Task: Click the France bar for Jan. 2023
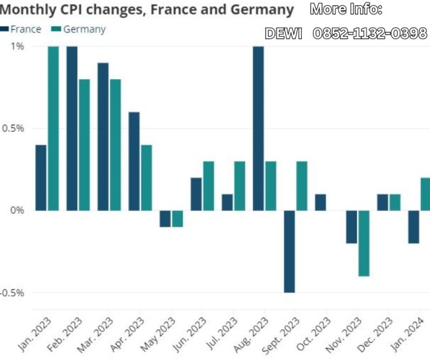point(41,178)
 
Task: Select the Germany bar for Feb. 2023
point(84,145)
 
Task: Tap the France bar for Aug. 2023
point(259,129)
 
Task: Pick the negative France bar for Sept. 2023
point(289,252)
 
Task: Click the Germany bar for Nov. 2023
point(364,243)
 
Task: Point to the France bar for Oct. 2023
point(320,202)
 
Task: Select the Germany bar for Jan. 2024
point(425,194)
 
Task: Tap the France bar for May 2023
point(165,218)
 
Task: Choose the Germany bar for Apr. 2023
point(146,178)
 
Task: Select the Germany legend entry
point(78,29)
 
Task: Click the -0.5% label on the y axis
point(12,292)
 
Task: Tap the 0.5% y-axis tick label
point(12,128)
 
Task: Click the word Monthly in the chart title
point(28,10)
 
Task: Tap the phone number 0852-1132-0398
point(370,33)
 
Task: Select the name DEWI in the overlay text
point(284,33)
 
